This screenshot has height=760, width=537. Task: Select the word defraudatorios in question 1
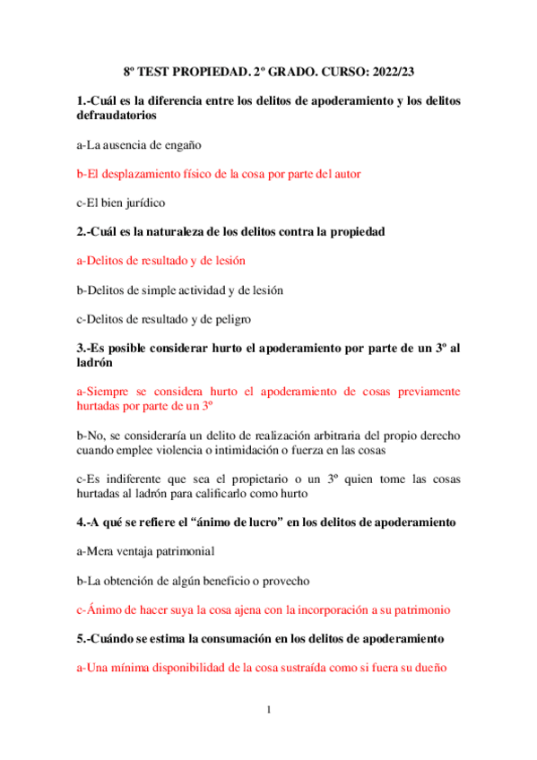[117, 116]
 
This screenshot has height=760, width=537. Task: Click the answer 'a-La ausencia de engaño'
[140, 144]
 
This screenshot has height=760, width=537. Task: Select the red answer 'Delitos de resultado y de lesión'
[161, 261]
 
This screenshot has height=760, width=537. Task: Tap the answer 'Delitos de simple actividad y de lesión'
[180, 289]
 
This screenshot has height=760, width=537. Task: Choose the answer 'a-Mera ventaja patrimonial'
[145, 551]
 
